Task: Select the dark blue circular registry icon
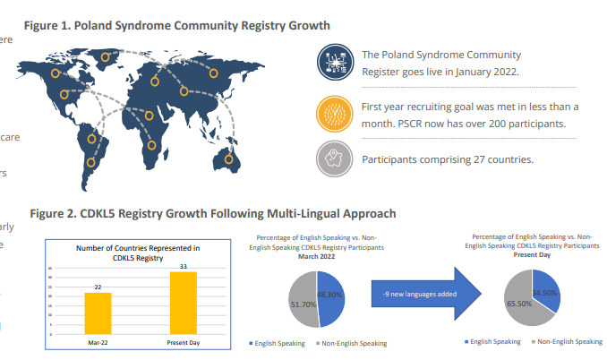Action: (336, 61)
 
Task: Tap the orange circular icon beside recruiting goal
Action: (336, 114)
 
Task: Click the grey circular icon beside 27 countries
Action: (336, 160)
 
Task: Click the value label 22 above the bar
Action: (98, 287)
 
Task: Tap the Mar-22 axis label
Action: (98, 341)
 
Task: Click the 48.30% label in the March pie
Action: (330, 293)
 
